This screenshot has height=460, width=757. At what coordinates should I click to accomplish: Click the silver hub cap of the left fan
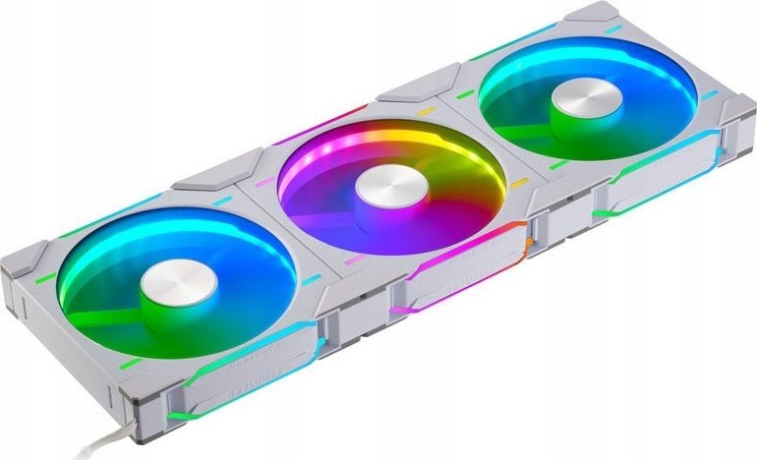point(178,282)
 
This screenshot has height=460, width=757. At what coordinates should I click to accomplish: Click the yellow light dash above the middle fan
point(425,112)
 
